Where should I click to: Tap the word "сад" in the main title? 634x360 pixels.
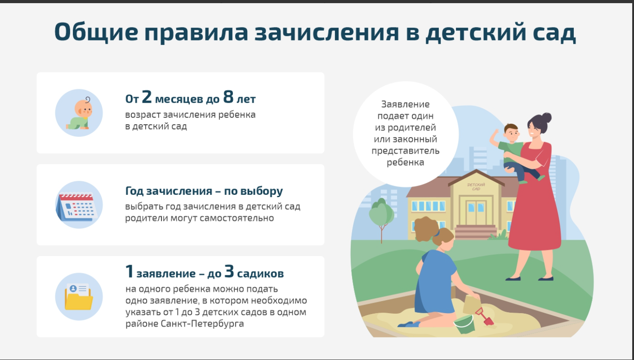[554, 31]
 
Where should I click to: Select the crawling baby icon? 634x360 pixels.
[79, 113]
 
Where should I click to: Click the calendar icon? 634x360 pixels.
[77, 207]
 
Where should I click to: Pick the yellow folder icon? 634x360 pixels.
[79, 297]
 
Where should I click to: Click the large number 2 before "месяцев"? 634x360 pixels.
[147, 97]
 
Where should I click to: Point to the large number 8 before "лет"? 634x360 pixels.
[228, 97]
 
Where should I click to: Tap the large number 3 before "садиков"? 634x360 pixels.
[229, 271]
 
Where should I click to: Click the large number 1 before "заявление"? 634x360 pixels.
[129, 271]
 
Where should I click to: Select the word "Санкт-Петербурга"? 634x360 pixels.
[202, 324]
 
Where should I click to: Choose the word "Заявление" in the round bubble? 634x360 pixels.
[405, 104]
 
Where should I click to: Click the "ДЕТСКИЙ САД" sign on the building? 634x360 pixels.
[476, 187]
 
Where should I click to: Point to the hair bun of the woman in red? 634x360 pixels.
[546, 117]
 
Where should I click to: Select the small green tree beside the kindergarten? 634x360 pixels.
[381, 218]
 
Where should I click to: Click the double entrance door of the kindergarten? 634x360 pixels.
[476, 212]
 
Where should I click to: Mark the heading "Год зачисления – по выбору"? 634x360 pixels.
[204, 191]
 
